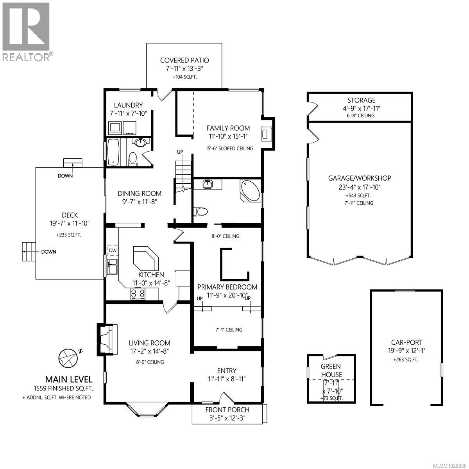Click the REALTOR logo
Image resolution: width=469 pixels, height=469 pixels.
tap(27, 31)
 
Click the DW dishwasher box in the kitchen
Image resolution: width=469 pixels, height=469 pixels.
tap(113, 251)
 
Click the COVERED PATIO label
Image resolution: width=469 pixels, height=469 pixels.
tap(184, 60)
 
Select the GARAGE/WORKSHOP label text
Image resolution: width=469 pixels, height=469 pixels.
tap(359, 178)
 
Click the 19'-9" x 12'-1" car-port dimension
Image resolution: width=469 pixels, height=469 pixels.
tap(406, 351)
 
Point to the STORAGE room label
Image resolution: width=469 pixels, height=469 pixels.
tap(361, 100)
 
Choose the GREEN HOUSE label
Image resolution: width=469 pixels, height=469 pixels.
tap(331, 371)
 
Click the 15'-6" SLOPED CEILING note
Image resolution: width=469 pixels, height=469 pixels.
tap(229, 148)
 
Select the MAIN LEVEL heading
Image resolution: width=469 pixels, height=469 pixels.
tap(69, 379)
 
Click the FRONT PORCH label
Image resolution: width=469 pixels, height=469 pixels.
tap(227, 410)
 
